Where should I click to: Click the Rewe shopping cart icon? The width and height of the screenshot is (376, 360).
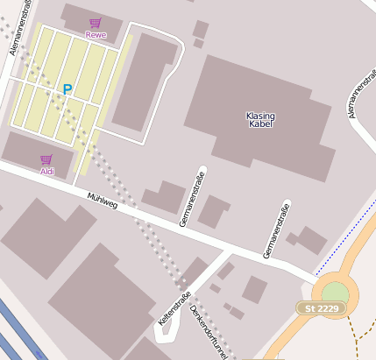click(x=95, y=23)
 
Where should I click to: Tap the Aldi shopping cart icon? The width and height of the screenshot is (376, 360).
click(x=46, y=159)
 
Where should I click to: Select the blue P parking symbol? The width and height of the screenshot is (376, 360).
click(x=67, y=89)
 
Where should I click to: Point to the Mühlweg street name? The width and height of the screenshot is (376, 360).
click(x=103, y=200)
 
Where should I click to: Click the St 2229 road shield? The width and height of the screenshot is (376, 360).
click(x=323, y=309)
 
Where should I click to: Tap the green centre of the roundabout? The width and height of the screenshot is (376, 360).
click(x=335, y=292)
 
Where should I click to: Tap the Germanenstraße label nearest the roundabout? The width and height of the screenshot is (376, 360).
click(x=276, y=229)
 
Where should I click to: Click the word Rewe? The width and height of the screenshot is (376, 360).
click(x=95, y=34)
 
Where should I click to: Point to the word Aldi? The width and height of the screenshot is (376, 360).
click(x=46, y=171)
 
